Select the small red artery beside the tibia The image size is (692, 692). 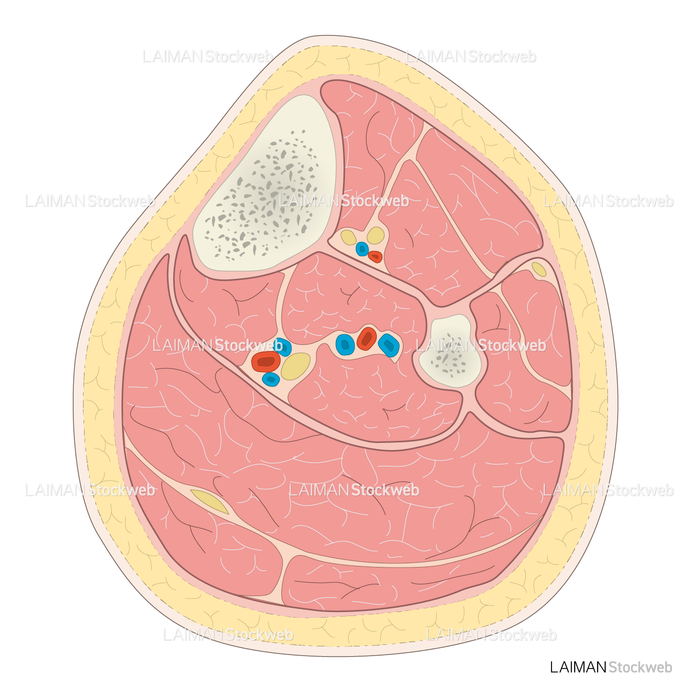tap(375, 256)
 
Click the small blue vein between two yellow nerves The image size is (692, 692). tap(362, 249)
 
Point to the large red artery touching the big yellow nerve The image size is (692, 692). tap(266, 361)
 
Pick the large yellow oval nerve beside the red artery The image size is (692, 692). tap(296, 366)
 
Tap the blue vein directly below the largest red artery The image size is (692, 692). tap(271, 379)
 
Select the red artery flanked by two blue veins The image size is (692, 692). tap(367, 338)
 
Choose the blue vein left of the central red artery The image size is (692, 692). tap(345, 344)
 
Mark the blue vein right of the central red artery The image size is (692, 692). tap(389, 345)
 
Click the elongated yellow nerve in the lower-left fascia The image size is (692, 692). tap(209, 501)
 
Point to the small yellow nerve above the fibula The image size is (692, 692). tap(539, 269)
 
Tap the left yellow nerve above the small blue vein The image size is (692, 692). tap(349, 237)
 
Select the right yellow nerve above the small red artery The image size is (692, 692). tap(376, 235)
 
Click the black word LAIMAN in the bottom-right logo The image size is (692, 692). tap(578, 667)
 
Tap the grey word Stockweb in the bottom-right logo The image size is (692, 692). tap(640, 667)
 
